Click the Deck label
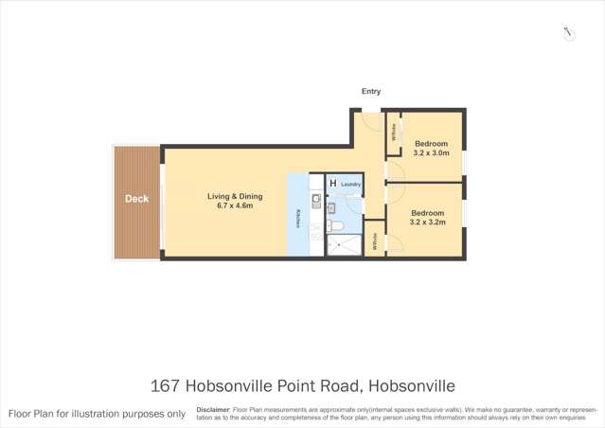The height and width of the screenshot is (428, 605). pos(136,199)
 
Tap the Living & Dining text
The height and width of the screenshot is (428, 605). pos(235,197)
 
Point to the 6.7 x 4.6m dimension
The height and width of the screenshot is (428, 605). pos(235,206)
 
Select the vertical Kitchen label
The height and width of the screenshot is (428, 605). pos(298,217)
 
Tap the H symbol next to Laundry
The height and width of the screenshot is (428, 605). pos(332,184)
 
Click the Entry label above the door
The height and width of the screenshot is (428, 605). pos(371,92)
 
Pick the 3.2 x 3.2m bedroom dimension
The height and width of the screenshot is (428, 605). pos(427,223)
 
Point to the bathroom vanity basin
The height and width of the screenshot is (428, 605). pos(332,205)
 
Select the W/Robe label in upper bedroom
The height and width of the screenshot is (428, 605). pos(395,134)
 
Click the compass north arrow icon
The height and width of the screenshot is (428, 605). pos(568,34)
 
